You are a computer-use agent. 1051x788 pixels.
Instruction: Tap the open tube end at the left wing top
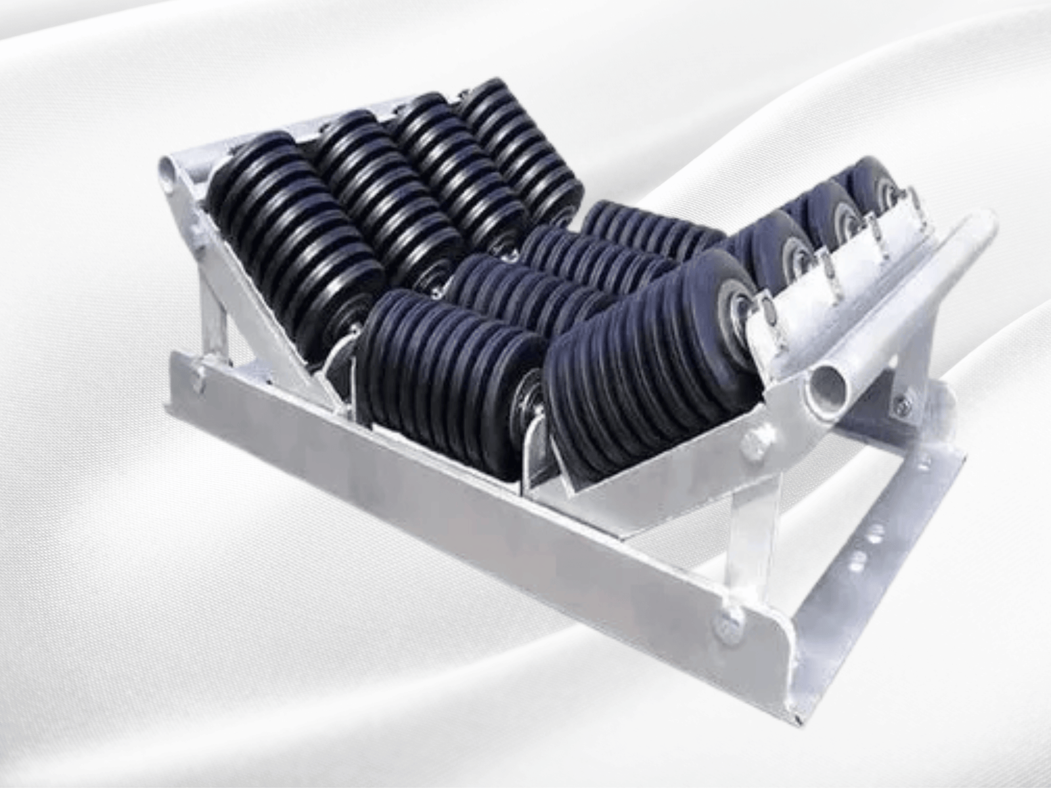pos(169,173)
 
